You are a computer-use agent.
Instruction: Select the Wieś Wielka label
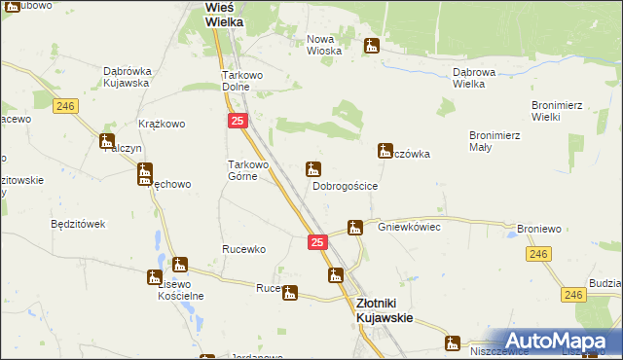point(225,15)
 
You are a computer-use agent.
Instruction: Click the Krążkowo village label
point(162,125)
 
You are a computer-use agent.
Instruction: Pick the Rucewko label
point(243,249)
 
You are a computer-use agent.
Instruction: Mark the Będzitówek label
point(77,224)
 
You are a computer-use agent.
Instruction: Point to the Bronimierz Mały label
point(494,141)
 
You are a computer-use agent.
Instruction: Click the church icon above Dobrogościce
point(313,168)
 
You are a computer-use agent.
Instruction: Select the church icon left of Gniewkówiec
point(355,228)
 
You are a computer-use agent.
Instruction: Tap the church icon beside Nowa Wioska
point(371,46)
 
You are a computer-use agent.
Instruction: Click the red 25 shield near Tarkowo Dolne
point(238,120)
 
